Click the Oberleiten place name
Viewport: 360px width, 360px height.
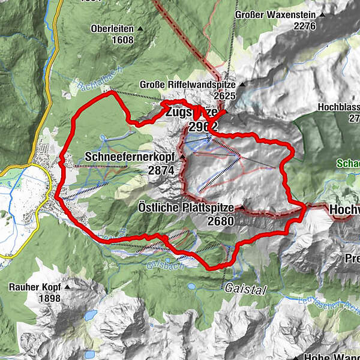click(x=112, y=28)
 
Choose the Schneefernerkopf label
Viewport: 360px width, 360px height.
click(x=130, y=157)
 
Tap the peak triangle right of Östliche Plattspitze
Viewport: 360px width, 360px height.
click(x=240, y=208)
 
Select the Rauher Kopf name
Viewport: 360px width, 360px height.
click(x=35, y=287)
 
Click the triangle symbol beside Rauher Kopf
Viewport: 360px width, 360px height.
click(x=67, y=287)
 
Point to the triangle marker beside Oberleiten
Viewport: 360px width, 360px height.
click(x=140, y=28)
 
